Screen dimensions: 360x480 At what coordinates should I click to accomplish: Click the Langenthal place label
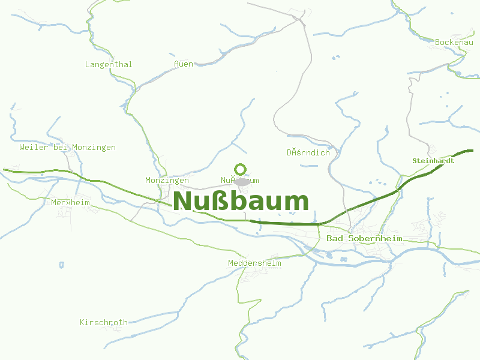109,64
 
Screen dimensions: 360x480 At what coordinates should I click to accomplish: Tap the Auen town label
184,64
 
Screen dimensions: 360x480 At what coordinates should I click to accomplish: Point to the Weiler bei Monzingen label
67,147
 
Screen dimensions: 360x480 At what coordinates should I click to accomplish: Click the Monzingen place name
167,180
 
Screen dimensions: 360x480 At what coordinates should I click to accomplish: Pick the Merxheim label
70,202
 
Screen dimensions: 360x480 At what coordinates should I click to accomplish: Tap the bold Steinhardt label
433,161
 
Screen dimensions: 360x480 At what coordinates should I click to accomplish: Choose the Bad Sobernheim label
364,239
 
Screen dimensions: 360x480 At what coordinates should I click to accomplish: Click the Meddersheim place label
254,263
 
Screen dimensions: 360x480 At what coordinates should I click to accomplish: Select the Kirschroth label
104,322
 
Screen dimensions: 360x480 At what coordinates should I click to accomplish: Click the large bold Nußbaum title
241,201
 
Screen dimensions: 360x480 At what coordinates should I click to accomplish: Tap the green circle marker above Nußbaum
241,169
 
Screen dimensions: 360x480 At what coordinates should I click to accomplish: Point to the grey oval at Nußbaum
242,181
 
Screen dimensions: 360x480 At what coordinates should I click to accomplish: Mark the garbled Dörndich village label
308,152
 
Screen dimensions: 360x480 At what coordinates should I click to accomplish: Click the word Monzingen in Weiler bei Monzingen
94,147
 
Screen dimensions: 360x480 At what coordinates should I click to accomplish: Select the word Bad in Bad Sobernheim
334,239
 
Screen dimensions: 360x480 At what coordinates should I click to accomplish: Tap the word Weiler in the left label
33,147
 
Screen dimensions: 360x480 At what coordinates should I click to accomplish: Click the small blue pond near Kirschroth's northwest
61,264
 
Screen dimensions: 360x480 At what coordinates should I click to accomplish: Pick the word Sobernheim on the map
374,239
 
